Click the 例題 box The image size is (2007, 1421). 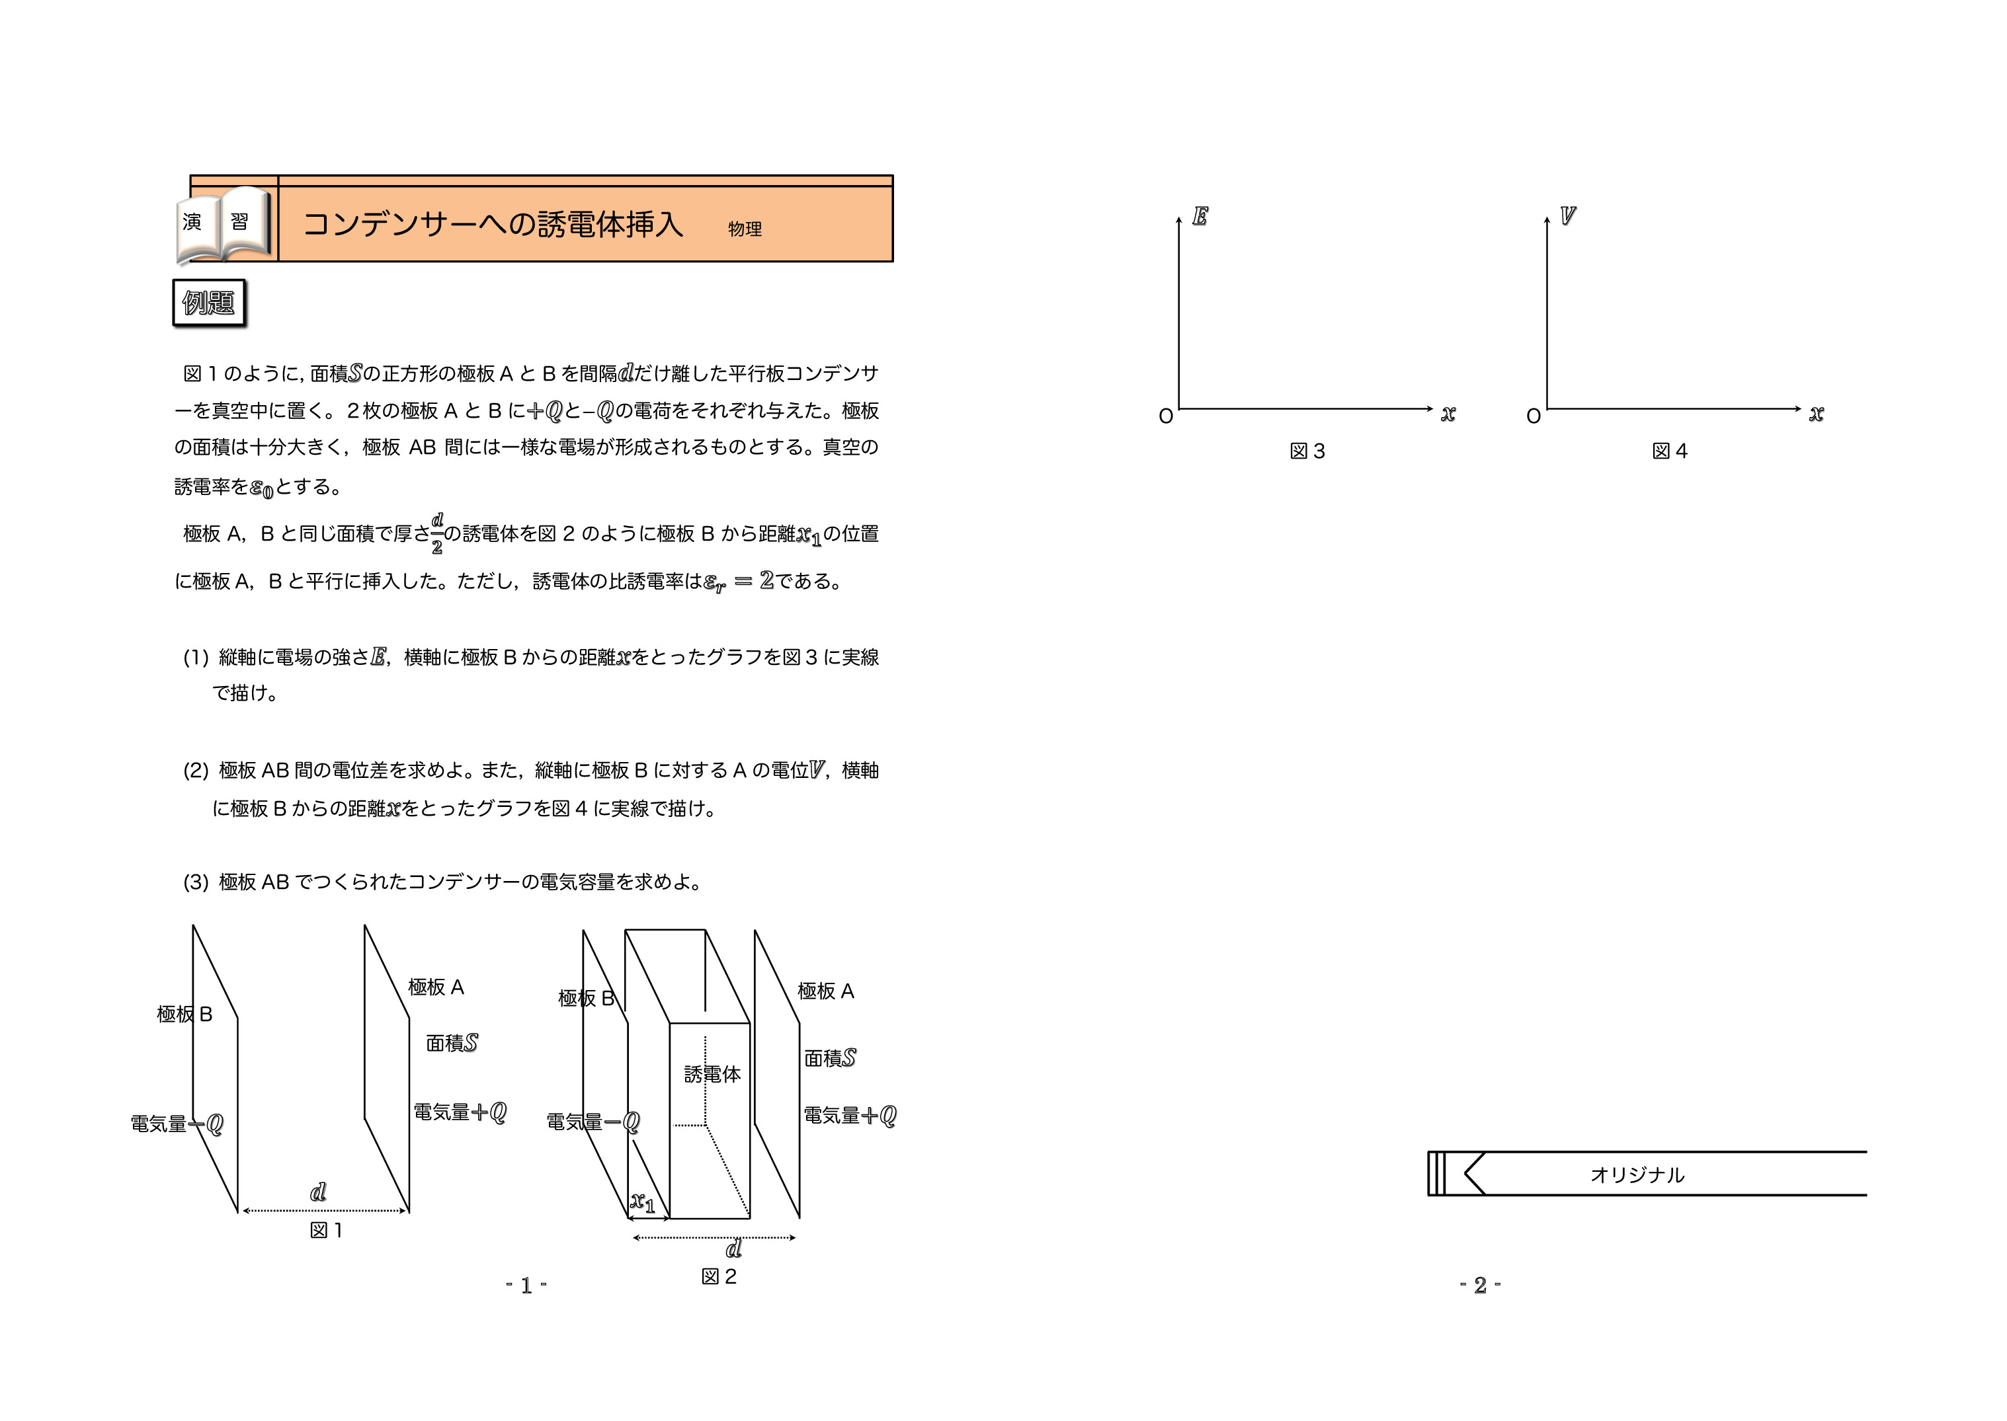[x=209, y=303]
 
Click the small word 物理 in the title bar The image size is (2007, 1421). [x=744, y=229]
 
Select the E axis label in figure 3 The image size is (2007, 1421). [x=1200, y=216]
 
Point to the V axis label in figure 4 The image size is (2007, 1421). [x=1568, y=215]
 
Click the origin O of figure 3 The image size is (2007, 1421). [x=1166, y=416]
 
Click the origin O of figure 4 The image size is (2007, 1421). [x=1534, y=416]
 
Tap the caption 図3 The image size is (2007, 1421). [x=1307, y=451]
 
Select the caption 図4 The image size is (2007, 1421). [x=1669, y=451]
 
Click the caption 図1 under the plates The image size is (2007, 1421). [x=325, y=1230]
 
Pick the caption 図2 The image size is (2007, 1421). [x=719, y=1277]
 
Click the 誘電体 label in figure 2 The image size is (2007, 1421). [x=712, y=1073]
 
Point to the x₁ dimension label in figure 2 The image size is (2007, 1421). [x=643, y=1203]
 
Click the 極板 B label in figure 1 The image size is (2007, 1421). [x=184, y=1014]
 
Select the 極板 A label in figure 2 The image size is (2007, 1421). [x=825, y=991]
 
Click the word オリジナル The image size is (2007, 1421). [x=1637, y=1175]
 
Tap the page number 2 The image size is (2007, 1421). [x=1480, y=1286]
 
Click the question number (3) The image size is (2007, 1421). [x=195, y=882]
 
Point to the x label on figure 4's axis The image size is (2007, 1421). [x=1816, y=413]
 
